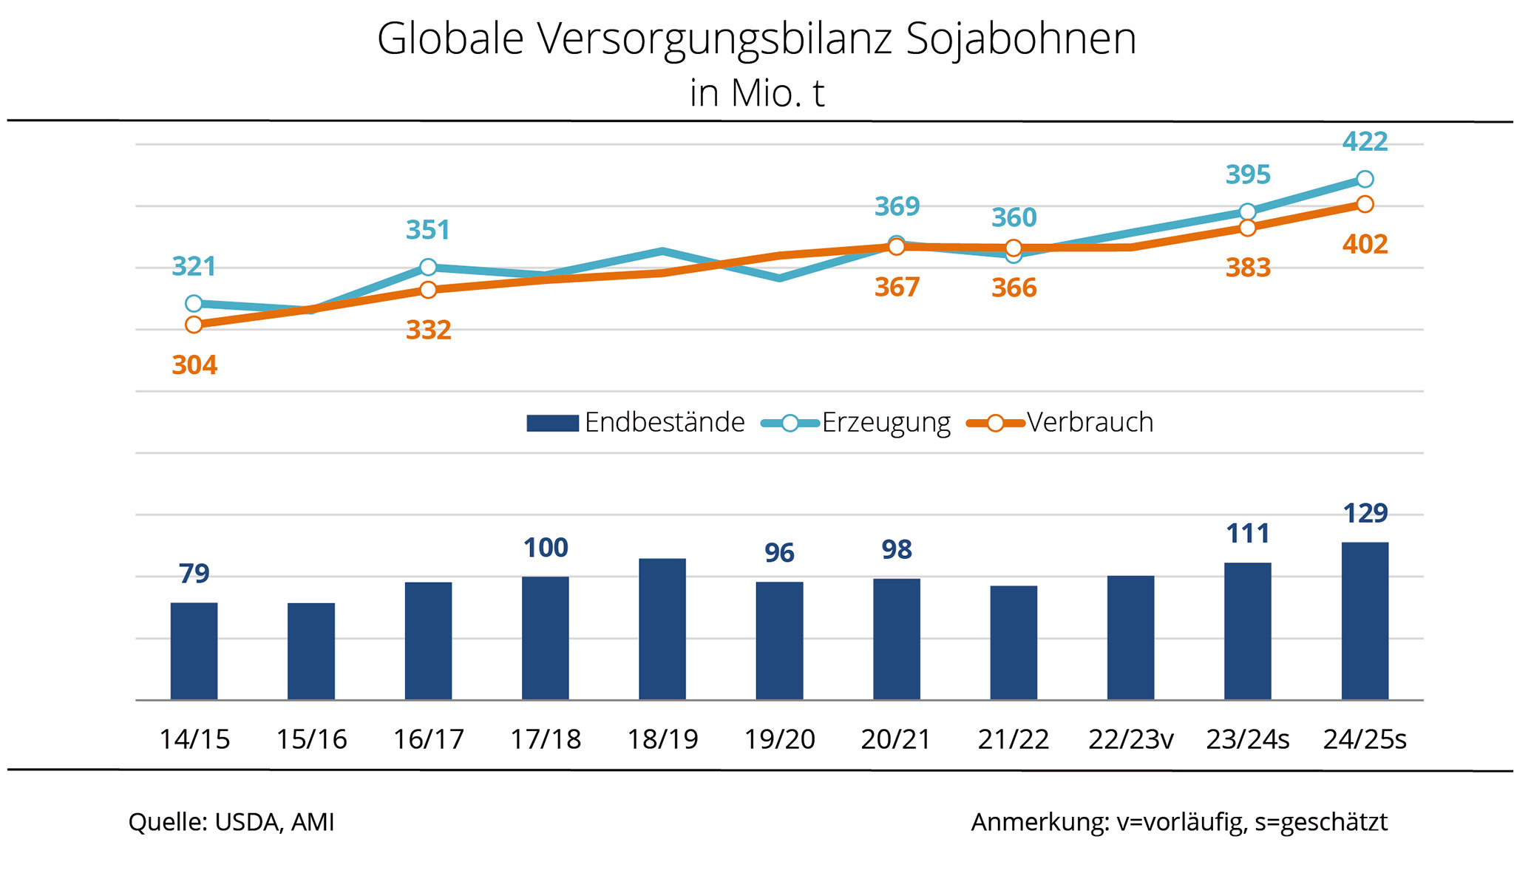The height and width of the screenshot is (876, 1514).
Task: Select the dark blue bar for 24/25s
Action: point(1365,621)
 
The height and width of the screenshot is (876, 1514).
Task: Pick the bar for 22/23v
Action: point(1130,637)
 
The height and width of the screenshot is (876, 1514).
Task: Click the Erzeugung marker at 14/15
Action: point(194,303)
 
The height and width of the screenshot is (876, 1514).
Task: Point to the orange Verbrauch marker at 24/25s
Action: point(1365,204)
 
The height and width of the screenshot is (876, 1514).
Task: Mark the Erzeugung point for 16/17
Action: point(428,267)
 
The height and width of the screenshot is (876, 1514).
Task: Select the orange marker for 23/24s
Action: point(1247,228)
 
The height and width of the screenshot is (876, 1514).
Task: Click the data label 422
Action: point(1365,141)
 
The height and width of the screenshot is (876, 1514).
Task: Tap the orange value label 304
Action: point(194,365)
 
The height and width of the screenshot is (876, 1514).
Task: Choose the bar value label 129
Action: point(1365,513)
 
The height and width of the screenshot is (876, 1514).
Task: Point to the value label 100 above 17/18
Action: point(546,548)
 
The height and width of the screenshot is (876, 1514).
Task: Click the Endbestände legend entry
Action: point(636,423)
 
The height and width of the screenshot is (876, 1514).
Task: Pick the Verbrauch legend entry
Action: point(1060,423)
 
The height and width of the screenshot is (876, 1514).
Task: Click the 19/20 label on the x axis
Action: point(779,739)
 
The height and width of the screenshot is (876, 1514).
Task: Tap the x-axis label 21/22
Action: point(1013,739)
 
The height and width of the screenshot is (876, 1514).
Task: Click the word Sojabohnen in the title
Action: point(1021,38)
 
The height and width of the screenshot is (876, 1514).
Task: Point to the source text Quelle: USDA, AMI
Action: point(231,822)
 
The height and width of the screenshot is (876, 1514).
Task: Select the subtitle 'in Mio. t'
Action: point(756,93)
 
